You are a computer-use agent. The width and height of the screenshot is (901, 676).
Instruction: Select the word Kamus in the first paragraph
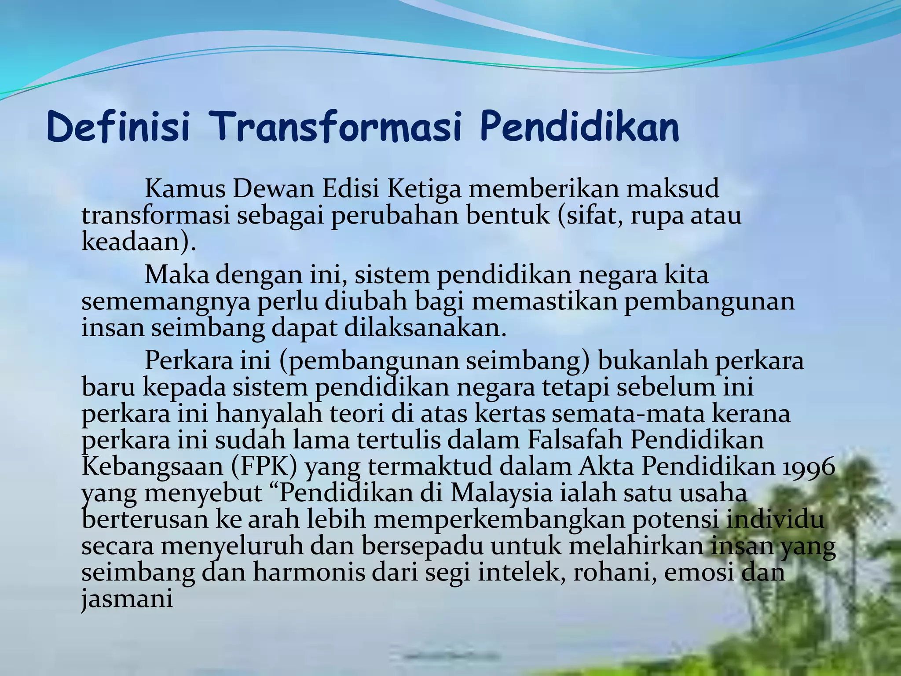[185, 189]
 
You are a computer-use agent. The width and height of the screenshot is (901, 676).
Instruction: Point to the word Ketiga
[424, 189]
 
